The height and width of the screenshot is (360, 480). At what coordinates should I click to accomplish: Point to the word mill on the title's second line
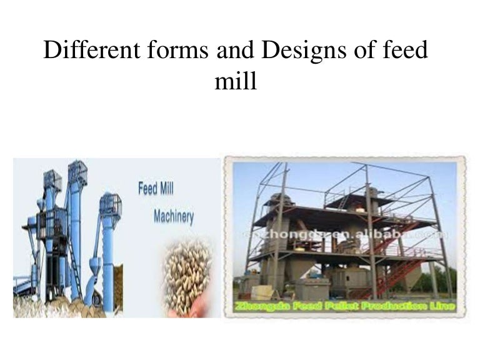236,82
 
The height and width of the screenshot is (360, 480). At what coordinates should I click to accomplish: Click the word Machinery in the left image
173,217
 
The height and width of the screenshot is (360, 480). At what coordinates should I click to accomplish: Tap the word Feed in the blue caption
147,188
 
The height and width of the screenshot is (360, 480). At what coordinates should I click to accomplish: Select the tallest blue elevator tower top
77,172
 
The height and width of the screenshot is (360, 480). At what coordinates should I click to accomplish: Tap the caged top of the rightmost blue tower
110,204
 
